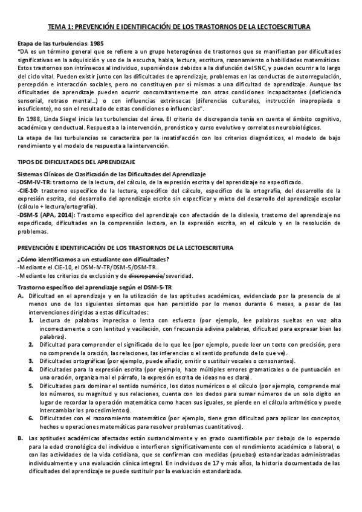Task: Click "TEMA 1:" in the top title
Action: [61, 27]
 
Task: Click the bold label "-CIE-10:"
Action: [28, 190]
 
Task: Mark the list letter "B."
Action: [21, 437]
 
